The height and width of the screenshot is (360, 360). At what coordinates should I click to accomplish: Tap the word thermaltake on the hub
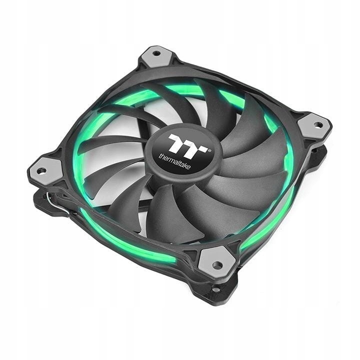click(x=174, y=161)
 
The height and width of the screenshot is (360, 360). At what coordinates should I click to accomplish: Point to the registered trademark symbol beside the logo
click(x=209, y=151)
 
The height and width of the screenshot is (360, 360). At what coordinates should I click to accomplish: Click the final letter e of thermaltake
click(x=188, y=167)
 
